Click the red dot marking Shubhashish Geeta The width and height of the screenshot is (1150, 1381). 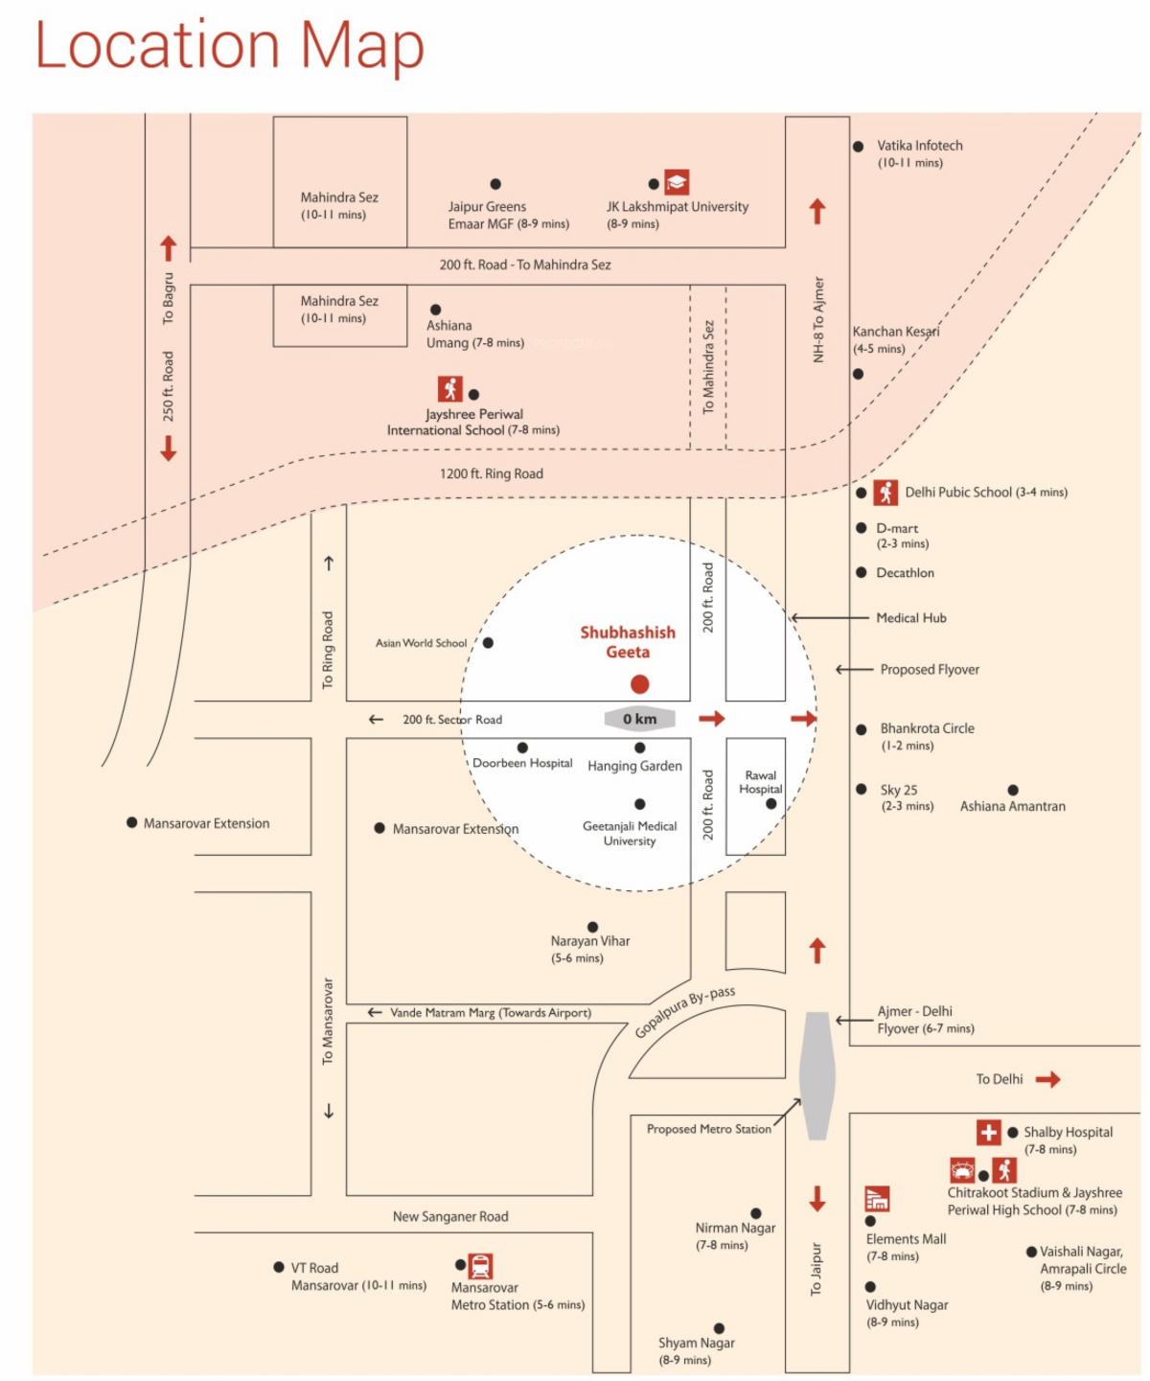[639, 683]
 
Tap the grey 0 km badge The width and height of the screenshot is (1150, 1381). [639, 719]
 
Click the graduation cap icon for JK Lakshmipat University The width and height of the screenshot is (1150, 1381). [677, 182]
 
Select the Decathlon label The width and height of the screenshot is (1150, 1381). [905, 573]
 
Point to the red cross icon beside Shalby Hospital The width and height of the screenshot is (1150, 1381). [989, 1132]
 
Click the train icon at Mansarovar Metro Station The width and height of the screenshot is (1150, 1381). [480, 1266]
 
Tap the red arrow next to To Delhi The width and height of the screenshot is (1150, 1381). [1048, 1080]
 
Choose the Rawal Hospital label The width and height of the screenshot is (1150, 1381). [760, 782]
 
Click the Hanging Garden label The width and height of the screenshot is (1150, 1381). [634, 766]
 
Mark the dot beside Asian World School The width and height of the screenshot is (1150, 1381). [488, 643]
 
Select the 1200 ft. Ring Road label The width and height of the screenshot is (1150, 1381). [491, 473]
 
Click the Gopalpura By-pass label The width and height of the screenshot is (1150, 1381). [684, 1012]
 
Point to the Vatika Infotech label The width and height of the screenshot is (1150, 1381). [919, 146]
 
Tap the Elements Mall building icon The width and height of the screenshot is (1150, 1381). [877, 1198]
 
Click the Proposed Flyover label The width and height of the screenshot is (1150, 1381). [930, 670]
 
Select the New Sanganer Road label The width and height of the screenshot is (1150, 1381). [450, 1216]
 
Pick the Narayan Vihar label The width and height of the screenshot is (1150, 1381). [589, 941]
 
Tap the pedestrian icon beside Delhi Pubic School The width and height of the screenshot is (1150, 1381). [885, 493]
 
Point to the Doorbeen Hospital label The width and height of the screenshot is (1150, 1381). [522, 763]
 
